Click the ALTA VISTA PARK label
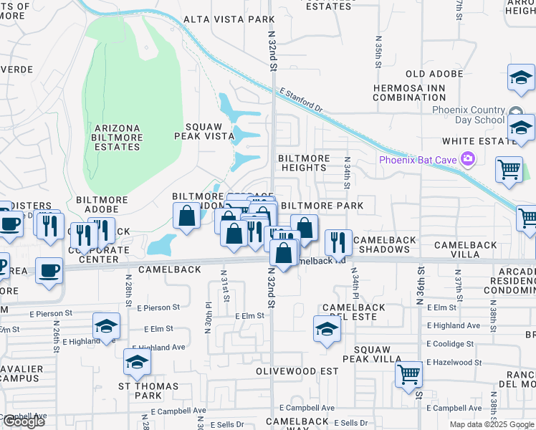coord(219,19)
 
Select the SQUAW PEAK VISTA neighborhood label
coord(205,130)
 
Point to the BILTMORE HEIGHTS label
coord(304,163)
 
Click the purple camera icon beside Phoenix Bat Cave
coord(469,158)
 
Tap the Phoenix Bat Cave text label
coord(418,159)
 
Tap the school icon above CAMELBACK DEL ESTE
coord(326,330)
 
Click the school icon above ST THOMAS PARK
coord(137,363)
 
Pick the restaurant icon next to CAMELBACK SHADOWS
coord(338,243)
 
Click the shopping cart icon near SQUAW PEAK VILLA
coord(408,374)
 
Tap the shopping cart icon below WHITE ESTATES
coord(509,171)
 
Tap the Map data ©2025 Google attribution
coord(492,424)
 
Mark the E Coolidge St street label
coord(454,343)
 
